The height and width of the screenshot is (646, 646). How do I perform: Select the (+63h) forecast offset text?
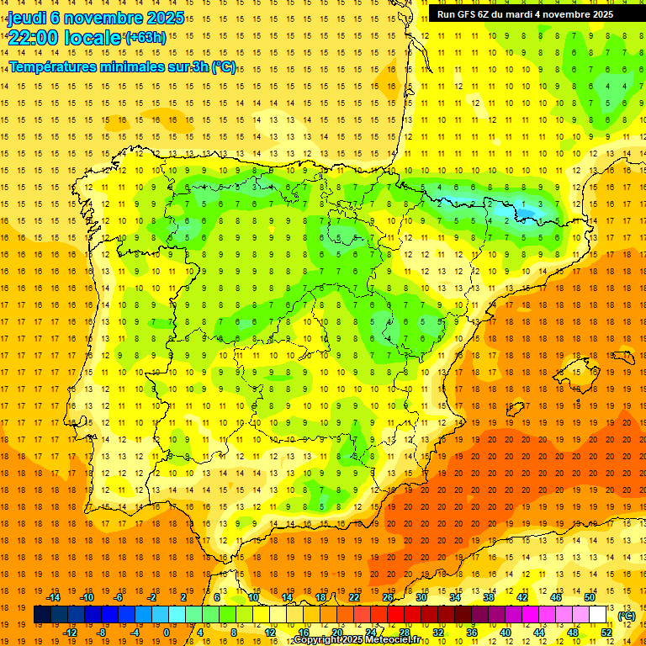[x=146, y=37]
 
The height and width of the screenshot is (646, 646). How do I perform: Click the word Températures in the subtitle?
[x=58, y=67]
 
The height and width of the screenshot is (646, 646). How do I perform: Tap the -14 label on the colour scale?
[x=55, y=596]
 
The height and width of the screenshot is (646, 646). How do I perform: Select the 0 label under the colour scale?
[x=167, y=633]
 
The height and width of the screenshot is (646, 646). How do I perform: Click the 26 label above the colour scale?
[x=388, y=596]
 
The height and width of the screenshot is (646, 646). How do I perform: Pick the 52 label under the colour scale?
[x=606, y=633]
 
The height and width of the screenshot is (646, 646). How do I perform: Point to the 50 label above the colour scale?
[x=590, y=596]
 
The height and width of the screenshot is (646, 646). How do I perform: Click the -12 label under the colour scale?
[x=71, y=633]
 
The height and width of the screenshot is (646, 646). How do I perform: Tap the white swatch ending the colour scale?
[x=597, y=615]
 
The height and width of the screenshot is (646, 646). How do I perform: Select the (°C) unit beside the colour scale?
[x=625, y=616]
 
